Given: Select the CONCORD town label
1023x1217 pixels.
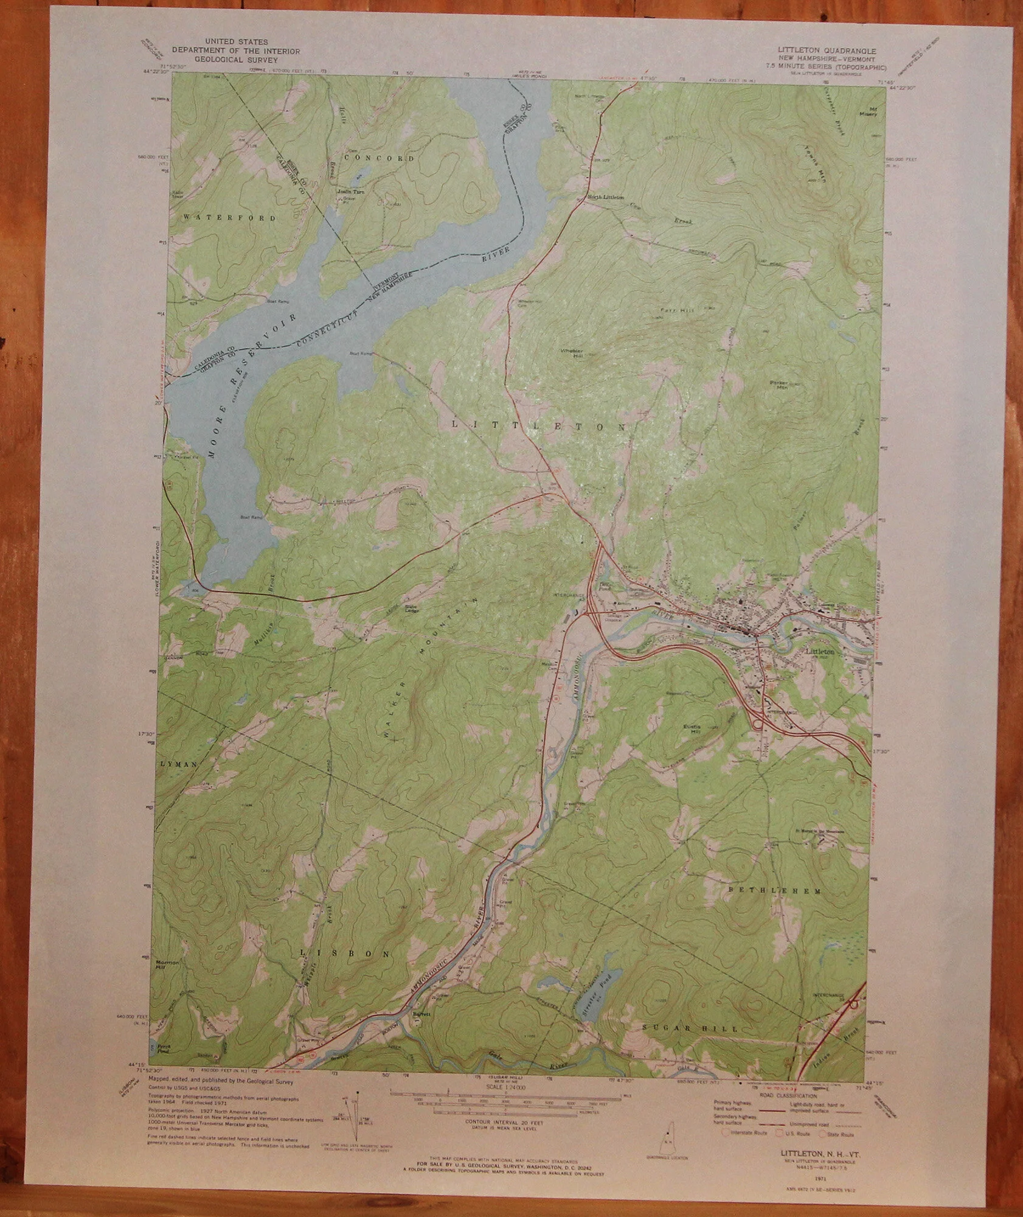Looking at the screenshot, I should coord(379,158).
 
